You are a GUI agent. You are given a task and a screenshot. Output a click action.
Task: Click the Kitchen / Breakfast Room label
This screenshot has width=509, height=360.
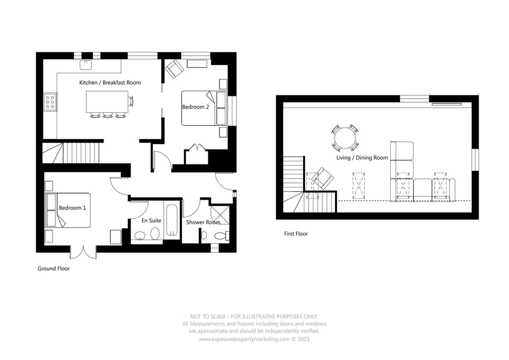(x=110, y=83)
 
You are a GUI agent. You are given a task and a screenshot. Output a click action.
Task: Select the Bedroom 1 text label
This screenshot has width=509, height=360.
(x=72, y=208)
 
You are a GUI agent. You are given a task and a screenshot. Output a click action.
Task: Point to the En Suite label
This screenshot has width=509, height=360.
(x=151, y=220)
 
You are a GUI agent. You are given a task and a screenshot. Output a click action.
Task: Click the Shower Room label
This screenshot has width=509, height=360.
(x=203, y=222)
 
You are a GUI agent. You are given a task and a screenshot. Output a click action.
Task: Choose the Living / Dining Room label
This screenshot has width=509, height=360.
(x=362, y=158)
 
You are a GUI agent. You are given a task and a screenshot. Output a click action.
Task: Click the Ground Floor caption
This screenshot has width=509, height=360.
(x=54, y=269)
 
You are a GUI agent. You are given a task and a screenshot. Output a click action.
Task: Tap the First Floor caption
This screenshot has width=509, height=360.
(x=296, y=234)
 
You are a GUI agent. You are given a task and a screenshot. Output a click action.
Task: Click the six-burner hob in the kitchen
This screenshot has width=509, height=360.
(x=50, y=101)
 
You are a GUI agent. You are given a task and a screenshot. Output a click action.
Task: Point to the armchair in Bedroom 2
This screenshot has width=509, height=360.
(x=174, y=68)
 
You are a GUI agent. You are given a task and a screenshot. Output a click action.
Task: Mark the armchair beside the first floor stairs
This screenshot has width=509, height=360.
(x=321, y=179)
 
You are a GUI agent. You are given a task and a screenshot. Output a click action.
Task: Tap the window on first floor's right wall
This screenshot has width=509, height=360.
(x=476, y=160)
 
